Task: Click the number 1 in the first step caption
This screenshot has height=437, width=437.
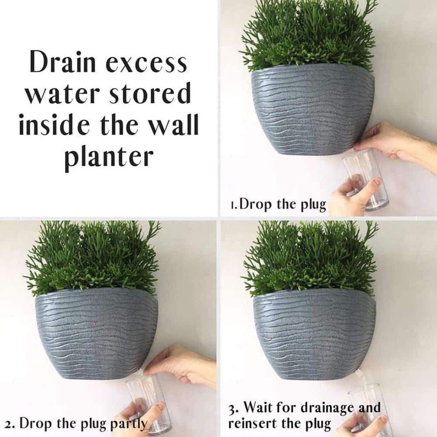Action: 233,205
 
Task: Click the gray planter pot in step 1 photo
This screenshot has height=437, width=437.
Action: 312,109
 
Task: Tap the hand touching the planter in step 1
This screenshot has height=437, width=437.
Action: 389,140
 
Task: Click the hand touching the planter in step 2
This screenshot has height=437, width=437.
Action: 179,363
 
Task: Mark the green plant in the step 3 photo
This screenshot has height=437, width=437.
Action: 310,258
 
